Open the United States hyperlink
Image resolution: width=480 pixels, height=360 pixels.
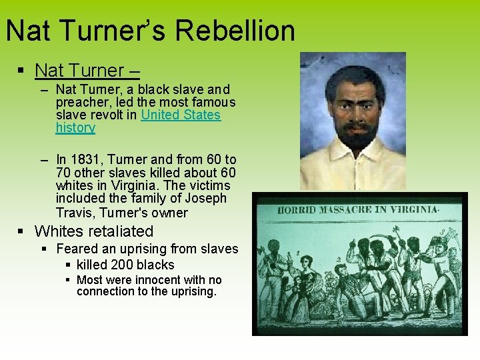pos(181,115)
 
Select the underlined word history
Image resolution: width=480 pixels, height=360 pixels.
pos(75,127)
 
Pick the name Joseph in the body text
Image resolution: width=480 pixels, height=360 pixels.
pos(207,199)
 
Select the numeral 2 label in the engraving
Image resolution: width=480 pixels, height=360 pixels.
pos(338,259)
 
